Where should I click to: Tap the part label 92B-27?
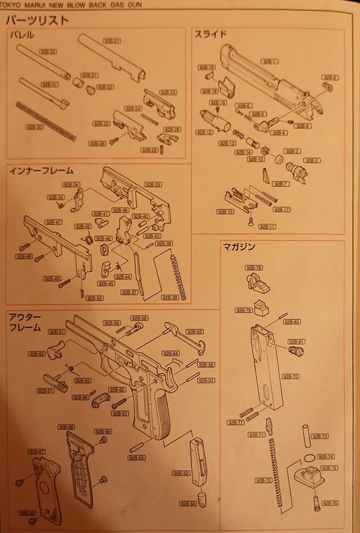click(112, 41)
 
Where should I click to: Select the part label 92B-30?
click(34, 127)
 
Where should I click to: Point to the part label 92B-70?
click(291, 376)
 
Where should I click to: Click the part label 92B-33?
click(154, 184)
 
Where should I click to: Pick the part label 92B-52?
click(182, 473)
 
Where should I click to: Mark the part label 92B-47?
click(55, 222)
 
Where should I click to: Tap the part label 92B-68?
click(66, 426)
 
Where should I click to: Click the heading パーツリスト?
click(38, 21)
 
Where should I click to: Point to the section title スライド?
click(210, 34)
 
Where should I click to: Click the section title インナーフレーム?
click(42, 170)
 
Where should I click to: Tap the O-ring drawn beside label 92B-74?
click(307, 458)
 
